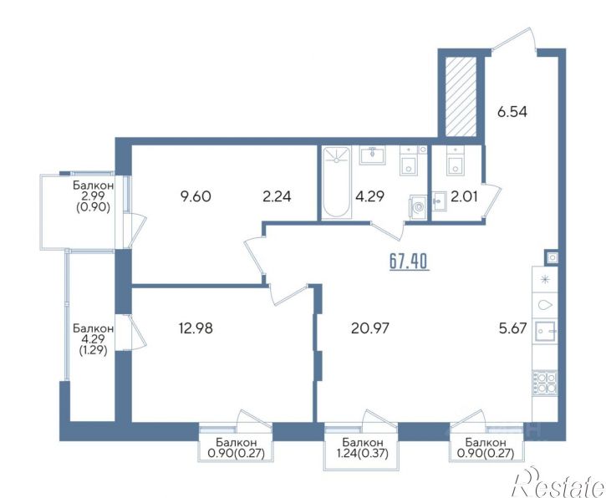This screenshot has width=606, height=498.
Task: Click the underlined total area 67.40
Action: pyautogui.click(x=409, y=262)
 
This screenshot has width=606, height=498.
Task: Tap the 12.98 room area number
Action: pyautogui.click(x=196, y=328)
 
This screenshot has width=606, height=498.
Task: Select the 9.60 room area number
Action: pyautogui.click(x=196, y=196)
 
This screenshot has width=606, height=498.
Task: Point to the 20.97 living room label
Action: pyautogui.click(x=369, y=328)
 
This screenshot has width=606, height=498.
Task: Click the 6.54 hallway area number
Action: pyautogui.click(x=512, y=112)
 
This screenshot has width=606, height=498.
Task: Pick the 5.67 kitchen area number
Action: pyautogui.click(x=513, y=328)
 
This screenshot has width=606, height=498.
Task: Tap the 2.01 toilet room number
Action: pyautogui.click(x=464, y=196)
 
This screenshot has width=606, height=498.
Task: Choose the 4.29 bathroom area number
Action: pyautogui.click(x=369, y=196)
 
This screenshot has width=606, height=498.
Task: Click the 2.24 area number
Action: pyautogui.click(x=277, y=196)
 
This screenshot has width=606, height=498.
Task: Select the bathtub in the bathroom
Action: pyautogui.click(x=336, y=182)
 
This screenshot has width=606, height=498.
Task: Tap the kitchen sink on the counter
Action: pyautogui.click(x=545, y=332)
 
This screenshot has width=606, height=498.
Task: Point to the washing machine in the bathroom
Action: pyautogui.click(x=418, y=208)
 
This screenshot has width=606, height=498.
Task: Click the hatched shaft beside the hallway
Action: pyautogui.click(x=461, y=97)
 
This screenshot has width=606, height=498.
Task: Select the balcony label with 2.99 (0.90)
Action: pyautogui.click(x=93, y=196)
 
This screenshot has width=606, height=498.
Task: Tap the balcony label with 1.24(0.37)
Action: pyautogui.click(x=363, y=447)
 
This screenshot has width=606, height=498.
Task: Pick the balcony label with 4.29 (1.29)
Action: pyautogui.click(x=93, y=339)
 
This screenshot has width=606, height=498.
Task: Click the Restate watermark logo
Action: pyautogui.click(x=558, y=481)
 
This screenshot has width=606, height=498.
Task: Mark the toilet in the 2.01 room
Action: pyautogui.click(x=456, y=160)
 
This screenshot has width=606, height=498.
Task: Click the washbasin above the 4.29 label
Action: pyautogui.click(x=373, y=155)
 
